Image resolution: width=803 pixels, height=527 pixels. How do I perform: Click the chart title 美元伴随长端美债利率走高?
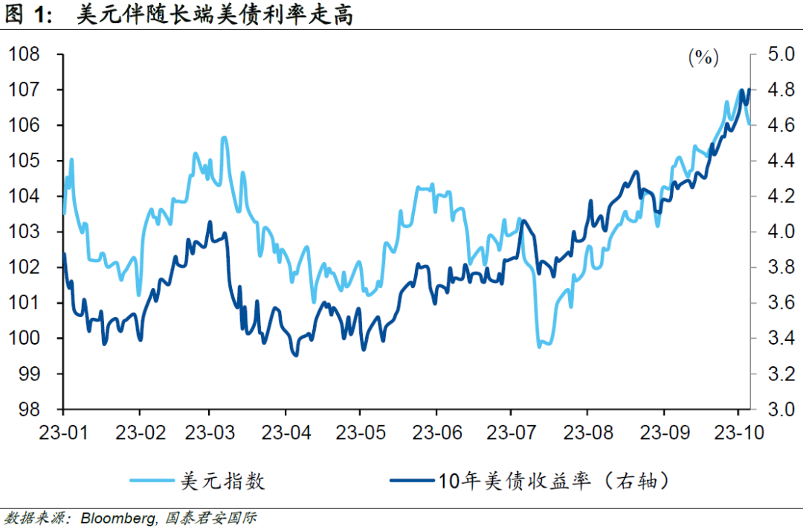click(x=215, y=16)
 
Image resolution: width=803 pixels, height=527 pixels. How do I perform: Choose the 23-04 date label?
click(x=286, y=432)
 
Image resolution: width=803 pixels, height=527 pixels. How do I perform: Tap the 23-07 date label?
click(x=510, y=432)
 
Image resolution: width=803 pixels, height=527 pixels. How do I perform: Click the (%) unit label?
click(x=703, y=57)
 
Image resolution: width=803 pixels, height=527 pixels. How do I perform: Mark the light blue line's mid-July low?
click(x=540, y=346)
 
